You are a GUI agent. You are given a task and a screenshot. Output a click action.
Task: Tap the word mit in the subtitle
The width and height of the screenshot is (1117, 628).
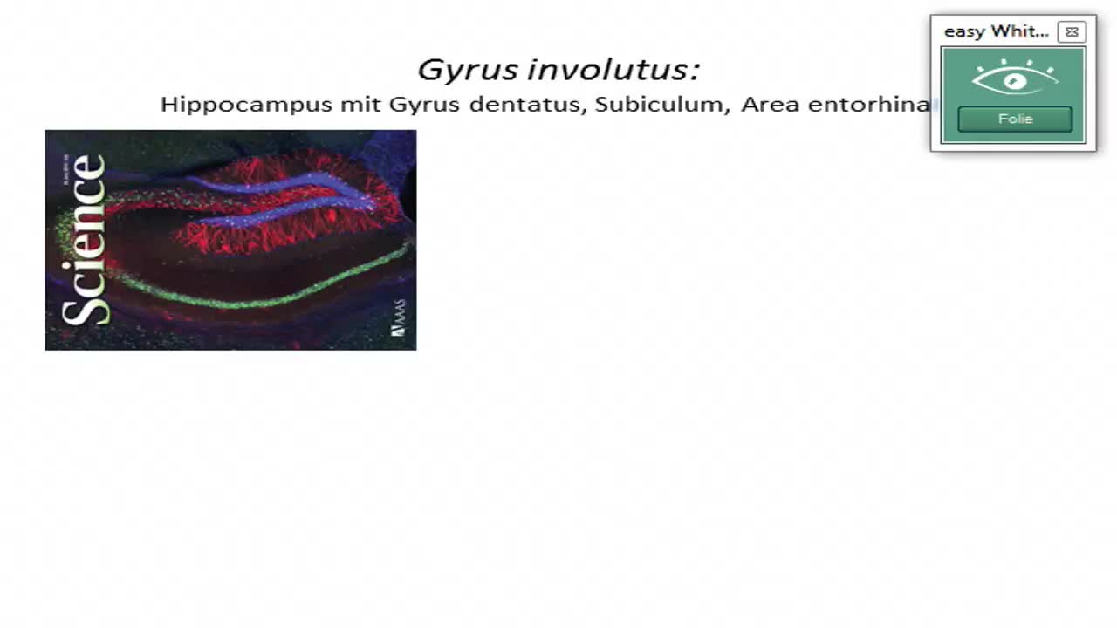360,105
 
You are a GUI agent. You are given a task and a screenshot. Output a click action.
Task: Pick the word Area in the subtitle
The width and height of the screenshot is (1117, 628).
771,105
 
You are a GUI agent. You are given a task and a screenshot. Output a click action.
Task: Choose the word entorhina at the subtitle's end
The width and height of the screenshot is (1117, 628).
868,105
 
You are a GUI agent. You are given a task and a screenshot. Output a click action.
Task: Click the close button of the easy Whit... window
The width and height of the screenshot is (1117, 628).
1072,32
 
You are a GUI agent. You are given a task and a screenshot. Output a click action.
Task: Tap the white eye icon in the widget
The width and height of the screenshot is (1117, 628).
1014,79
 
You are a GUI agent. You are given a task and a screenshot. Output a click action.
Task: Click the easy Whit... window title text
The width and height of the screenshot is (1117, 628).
996,31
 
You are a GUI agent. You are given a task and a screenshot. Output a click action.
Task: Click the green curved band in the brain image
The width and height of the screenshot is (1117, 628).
262,302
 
